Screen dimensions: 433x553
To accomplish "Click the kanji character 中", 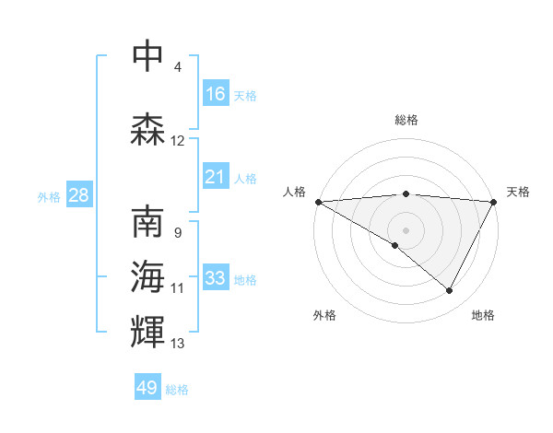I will [x=147, y=57].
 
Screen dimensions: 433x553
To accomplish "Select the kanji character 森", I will [x=147, y=131].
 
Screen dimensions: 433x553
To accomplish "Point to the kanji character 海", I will [x=147, y=277].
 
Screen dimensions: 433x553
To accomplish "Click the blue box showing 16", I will [x=216, y=94].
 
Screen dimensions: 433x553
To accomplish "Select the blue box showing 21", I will [x=216, y=177].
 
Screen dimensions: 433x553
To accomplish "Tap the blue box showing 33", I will [x=216, y=278].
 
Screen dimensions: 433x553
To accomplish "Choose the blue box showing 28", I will [x=78, y=196].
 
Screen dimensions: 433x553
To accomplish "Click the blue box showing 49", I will [x=147, y=388].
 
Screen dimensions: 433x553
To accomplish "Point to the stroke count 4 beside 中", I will [x=178, y=67].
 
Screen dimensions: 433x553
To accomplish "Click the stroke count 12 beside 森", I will [x=178, y=141].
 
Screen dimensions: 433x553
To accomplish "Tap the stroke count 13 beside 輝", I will [x=178, y=344].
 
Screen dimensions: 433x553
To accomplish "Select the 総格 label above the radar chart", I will [x=406, y=120].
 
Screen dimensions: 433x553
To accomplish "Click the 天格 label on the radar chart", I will [x=519, y=192].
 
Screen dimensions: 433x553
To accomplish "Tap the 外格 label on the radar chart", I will [x=324, y=315].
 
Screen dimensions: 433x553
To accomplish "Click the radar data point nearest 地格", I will [x=450, y=290].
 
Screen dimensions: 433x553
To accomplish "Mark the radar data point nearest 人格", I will [x=318, y=201].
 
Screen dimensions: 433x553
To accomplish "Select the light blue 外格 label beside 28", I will [x=49, y=197].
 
